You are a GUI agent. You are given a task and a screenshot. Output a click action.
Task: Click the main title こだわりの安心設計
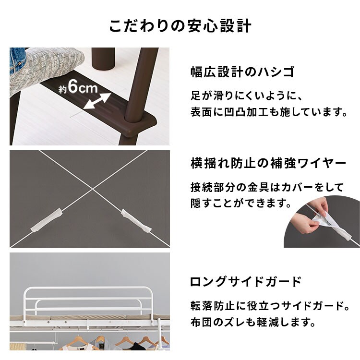pos(180,25)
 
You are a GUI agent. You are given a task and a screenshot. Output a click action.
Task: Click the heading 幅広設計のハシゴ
pos(242,72)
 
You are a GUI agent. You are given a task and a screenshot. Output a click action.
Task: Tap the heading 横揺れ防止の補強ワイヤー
pos(268,163)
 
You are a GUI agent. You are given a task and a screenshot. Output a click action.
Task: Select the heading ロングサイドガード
pos(246,281)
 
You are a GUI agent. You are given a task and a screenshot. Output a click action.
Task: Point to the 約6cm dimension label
pos(78,87)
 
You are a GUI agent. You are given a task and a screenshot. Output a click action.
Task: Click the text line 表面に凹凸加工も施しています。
pos(268,113)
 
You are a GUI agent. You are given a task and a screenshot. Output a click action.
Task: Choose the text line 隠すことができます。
pos(241,204)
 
